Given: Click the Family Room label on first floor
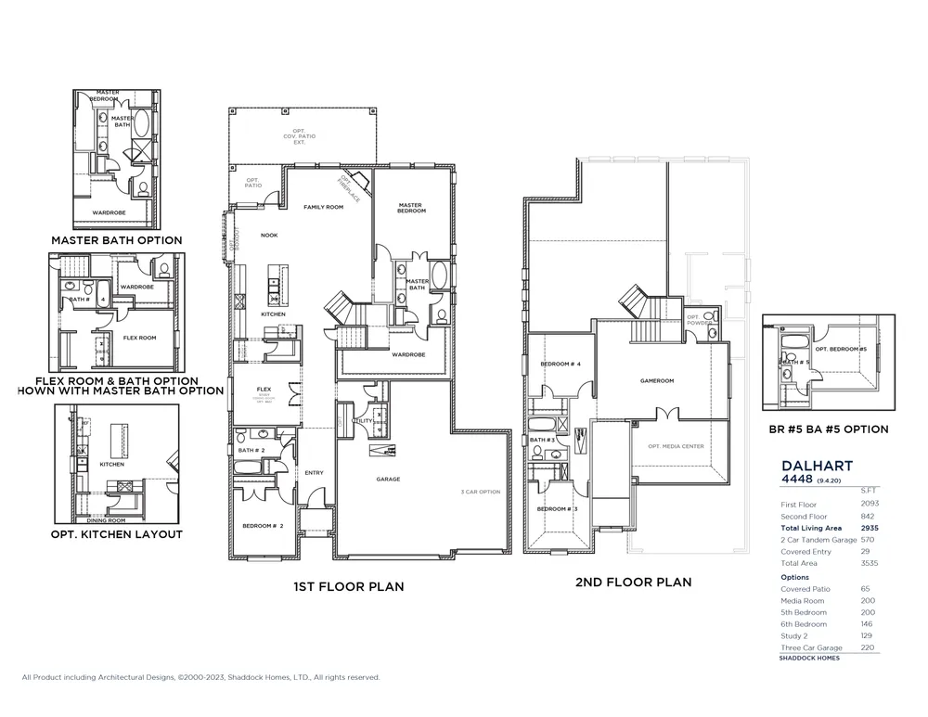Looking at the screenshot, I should pos(324,207).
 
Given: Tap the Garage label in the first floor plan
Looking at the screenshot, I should pos(388,479).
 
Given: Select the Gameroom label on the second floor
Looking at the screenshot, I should pos(656,381).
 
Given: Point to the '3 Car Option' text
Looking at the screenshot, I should pos(481,492).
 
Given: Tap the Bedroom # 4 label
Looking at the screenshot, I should pos(560,364).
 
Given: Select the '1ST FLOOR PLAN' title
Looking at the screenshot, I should pos(348,586).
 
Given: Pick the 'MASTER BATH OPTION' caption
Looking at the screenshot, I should pos(116,240).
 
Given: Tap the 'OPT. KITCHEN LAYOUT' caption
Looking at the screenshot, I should pos(117,534).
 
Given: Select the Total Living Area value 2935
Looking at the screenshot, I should pos(869,528).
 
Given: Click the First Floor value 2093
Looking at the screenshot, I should pos(869,504).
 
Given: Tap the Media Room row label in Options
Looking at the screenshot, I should pos(802,600).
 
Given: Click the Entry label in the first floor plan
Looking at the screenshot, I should pos(314,473).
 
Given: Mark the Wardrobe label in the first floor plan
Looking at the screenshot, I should pos(408,354).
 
